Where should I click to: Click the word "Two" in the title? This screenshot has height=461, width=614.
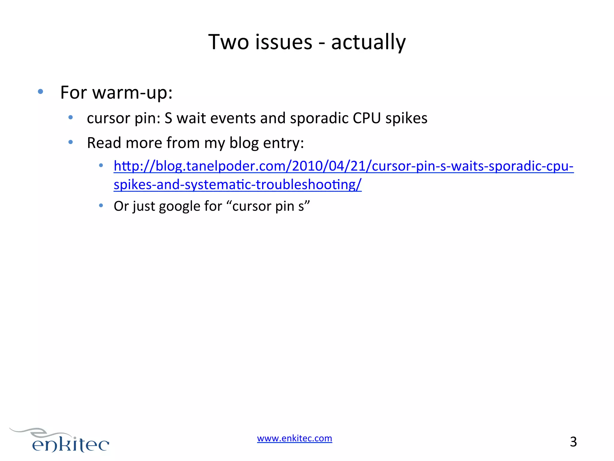coord(228,42)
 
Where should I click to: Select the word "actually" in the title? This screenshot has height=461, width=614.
coord(368,42)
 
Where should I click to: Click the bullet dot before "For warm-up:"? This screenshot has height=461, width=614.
coord(40,91)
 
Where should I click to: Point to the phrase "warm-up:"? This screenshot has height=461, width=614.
coord(133,92)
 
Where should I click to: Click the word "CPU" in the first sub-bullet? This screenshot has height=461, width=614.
coord(367,118)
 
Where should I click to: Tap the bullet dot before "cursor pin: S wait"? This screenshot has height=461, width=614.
coord(70,117)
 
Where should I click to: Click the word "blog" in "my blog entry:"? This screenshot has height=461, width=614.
coord(244,143)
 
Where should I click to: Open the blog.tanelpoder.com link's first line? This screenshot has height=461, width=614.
coord(344,166)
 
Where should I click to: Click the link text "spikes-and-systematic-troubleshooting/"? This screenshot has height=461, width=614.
coord(237,184)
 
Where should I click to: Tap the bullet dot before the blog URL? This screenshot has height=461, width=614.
coord(101,165)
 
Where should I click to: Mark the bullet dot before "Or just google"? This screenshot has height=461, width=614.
coord(101,206)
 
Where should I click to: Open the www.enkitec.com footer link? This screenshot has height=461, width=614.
coord(294,438)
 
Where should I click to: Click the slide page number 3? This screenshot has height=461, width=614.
coord(573,442)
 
